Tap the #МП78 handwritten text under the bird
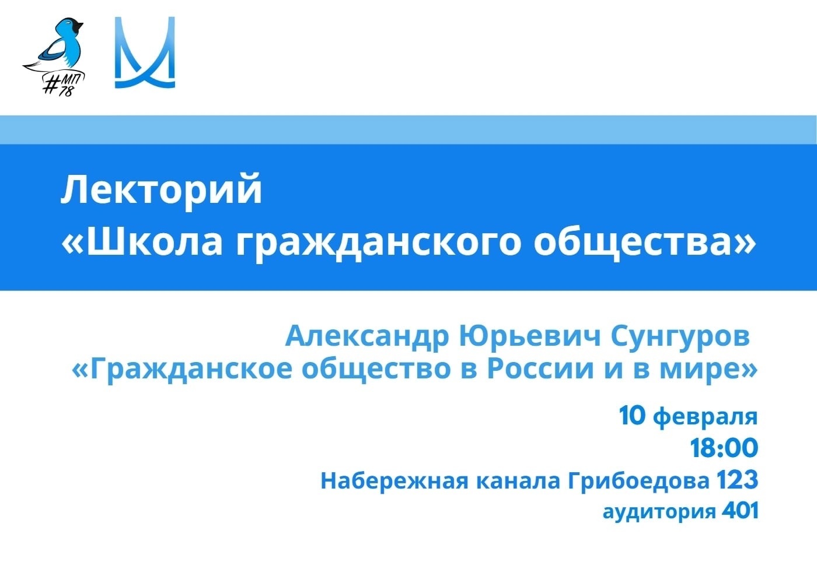click(64, 85)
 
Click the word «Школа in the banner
click(142, 241)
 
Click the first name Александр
click(367, 337)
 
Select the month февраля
click(705, 417)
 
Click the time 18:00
click(724, 448)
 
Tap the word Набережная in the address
click(394, 480)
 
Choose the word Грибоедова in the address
click(639, 482)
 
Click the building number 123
click(738, 480)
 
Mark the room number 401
click(741, 510)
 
